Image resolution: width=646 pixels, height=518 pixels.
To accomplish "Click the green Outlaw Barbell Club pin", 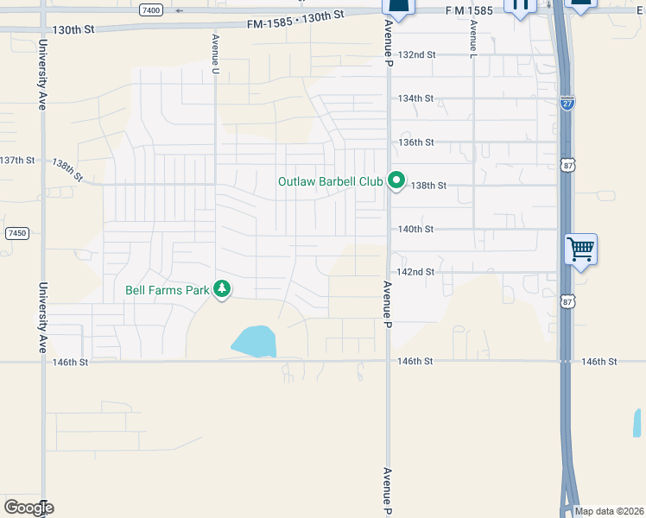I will pos(396,181).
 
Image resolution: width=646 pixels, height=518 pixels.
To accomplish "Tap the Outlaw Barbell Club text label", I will pos(331,181).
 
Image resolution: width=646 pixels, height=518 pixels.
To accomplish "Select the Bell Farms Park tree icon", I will pos(223,289).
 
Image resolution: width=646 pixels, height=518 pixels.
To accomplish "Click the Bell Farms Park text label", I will pos(168,290).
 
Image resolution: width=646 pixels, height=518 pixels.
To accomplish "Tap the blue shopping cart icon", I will pos(581,250).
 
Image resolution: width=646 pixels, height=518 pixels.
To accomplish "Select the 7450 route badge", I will pos(16,233).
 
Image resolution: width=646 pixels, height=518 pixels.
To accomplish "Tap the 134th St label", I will pos(415,98).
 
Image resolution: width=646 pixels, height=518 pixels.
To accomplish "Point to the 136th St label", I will pos(415,142).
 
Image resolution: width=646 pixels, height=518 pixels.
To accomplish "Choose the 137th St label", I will pos(17,161).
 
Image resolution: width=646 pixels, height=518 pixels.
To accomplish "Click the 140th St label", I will pos(415,229).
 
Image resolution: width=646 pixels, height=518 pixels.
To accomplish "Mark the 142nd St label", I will pos(415,272).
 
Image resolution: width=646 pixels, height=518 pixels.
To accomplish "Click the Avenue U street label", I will pos(215,54).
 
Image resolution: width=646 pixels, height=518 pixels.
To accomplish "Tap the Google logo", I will pos(28,508).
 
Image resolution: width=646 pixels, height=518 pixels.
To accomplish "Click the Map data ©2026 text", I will pos(610,511).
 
